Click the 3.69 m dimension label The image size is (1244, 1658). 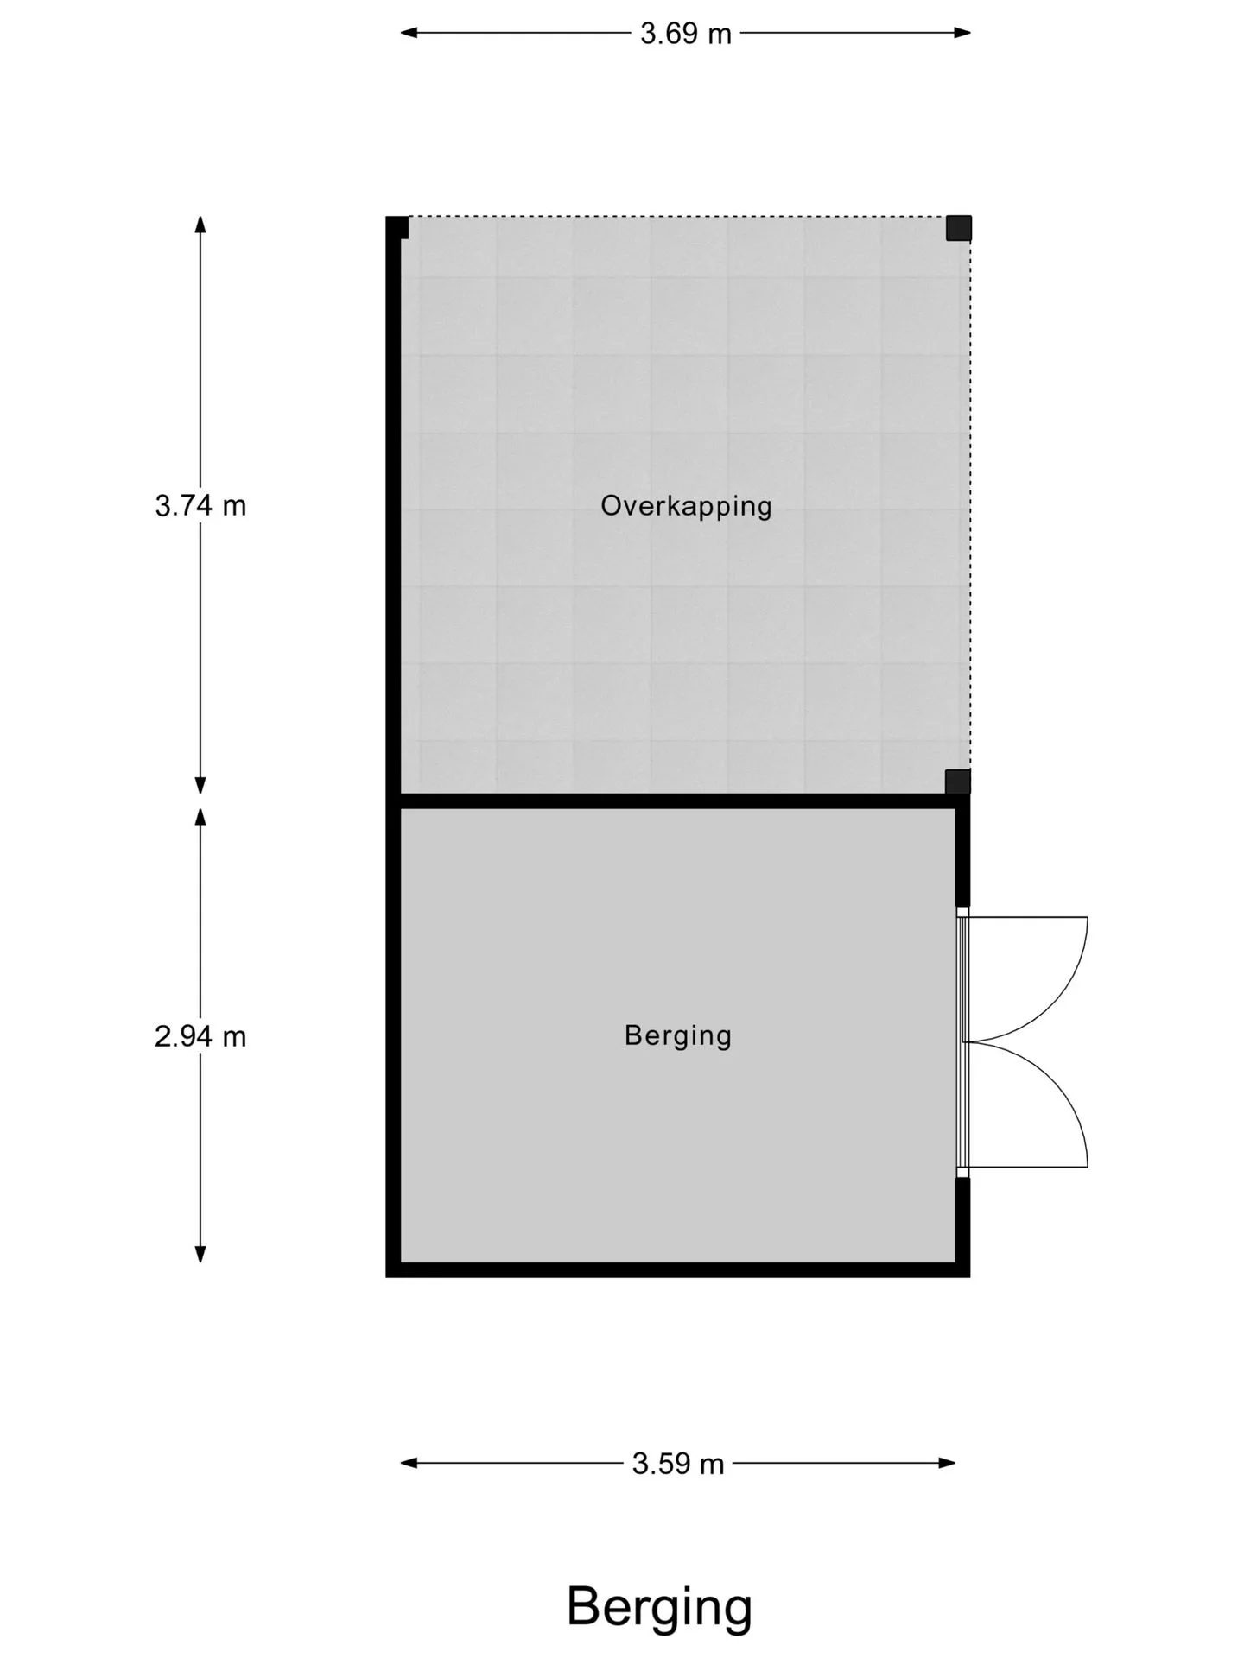click(x=685, y=34)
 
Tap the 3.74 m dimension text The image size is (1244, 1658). click(x=200, y=505)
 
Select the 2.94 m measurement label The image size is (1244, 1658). click(x=200, y=1035)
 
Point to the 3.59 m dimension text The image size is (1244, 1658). click(x=678, y=1464)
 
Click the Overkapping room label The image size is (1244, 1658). click(x=686, y=505)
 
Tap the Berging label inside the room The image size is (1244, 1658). click(x=678, y=1035)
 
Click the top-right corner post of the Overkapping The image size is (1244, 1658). click(x=958, y=228)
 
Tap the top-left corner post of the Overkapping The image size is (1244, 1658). click(x=397, y=227)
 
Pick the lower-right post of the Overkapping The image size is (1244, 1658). click(x=958, y=782)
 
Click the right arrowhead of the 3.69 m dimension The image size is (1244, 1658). click(x=962, y=33)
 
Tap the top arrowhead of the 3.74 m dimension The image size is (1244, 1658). click(x=200, y=225)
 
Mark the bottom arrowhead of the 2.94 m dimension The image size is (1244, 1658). click(x=200, y=1254)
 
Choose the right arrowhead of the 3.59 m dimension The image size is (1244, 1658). click(x=947, y=1463)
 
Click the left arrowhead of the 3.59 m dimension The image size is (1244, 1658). click(x=409, y=1463)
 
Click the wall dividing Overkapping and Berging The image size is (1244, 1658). click(x=678, y=801)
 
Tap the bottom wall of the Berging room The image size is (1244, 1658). click(x=678, y=1270)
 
